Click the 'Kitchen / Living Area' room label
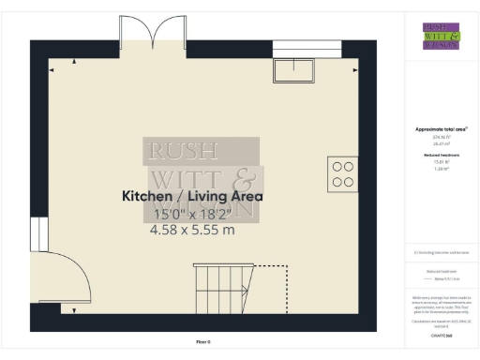click(x=191, y=197)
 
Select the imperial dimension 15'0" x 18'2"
click(x=191, y=214)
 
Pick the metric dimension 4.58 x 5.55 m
click(x=191, y=230)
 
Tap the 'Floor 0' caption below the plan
click(x=203, y=342)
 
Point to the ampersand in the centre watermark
click(x=241, y=177)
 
